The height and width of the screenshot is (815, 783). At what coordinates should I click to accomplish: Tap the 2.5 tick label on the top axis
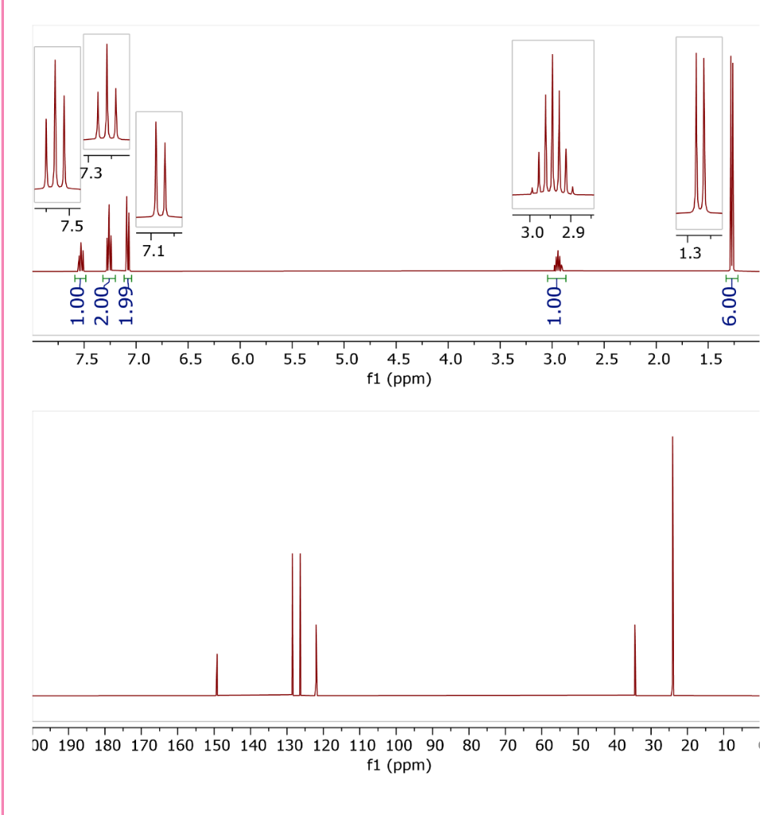[x=607, y=360]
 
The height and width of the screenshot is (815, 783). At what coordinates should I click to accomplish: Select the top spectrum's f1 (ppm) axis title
[x=399, y=379]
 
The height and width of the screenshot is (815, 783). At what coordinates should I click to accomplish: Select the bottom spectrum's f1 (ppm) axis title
[x=399, y=766]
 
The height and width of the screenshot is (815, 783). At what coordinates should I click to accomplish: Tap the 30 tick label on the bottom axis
[x=652, y=746]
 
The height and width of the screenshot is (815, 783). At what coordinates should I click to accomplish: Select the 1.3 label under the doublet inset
[x=691, y=254]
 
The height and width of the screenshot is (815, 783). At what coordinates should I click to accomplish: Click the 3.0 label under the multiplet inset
[x=532, y=233]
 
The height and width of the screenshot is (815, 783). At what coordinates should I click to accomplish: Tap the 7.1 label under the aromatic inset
[x=154, y=252]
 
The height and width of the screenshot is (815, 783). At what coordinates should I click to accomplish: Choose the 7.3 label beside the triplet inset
[x=92, y=174]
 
